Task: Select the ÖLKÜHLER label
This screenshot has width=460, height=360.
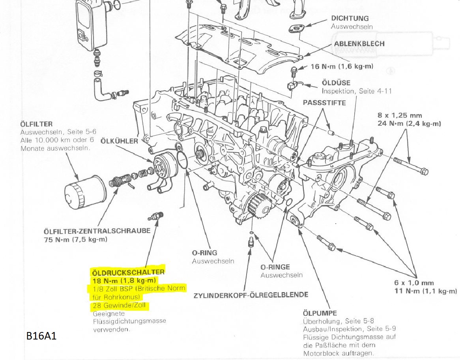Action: coord(119,141)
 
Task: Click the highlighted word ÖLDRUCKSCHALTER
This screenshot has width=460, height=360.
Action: coord(128,272)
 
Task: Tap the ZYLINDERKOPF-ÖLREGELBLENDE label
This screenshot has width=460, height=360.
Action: coord(251,295)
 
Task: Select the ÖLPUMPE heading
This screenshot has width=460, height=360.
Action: coord(320,313)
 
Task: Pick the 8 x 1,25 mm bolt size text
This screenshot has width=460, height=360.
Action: coord(399,116)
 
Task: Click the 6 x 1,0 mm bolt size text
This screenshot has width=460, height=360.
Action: coord(414,283)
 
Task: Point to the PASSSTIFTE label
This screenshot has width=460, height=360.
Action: coord(324,103)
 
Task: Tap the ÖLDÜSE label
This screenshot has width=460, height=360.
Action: coord(334,83)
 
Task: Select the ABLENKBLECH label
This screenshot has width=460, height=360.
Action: coord(359,43)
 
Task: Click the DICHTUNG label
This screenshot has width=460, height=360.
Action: coord(350,18)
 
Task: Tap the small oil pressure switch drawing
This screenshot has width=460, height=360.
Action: coord(156,216)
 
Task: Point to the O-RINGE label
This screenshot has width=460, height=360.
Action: coord(275,267)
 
